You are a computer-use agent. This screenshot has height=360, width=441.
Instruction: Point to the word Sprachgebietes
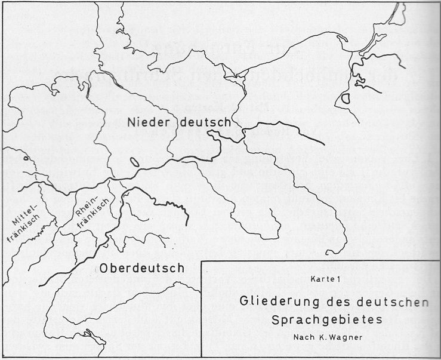tap(326, 319)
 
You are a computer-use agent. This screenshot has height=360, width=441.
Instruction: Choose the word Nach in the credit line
tap(303, 337)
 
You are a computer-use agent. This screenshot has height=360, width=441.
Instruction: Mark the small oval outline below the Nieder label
tap(134, 161)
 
